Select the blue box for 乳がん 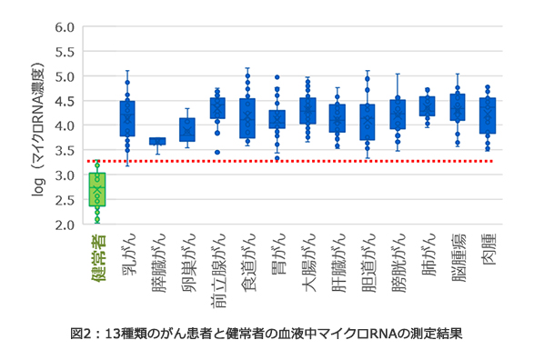click(x=127, y=118)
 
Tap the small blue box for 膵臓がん click(x=157, y=141)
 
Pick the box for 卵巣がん click(x=187, y=129)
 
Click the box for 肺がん click(x=427, y=105)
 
